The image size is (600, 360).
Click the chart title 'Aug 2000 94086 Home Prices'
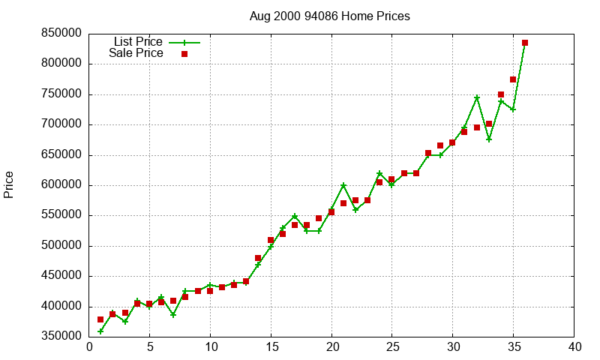[329, 16]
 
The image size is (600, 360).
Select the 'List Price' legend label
[138, 42]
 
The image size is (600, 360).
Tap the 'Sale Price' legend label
[136, 53]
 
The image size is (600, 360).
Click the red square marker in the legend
[184, 54]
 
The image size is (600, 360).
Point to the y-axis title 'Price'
[9, 184]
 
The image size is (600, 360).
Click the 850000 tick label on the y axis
[63, 34]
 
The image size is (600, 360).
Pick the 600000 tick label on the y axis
[63, 185]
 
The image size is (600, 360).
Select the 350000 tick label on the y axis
[63, 337]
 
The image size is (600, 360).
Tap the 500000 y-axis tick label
[63, 246]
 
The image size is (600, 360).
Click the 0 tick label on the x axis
[89, 347]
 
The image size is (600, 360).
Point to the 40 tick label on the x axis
[574, 347]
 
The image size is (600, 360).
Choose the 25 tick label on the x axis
[392, 347]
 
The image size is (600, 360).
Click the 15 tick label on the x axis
[271, 347]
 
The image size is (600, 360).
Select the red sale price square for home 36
[525, 43]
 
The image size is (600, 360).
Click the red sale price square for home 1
[100, 319]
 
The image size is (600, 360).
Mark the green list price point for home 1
[100, 331]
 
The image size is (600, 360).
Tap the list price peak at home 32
[477, 97]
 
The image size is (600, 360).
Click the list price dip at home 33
[489, 139]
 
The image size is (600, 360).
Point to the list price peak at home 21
[343, 185]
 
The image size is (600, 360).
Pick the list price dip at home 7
[173, 315]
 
